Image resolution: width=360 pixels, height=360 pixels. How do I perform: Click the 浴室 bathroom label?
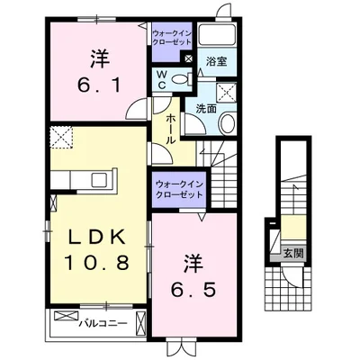(216, 62)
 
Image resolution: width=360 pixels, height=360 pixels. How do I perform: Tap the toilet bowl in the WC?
(180, 79)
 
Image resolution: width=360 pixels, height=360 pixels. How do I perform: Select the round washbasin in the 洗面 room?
(228, 123)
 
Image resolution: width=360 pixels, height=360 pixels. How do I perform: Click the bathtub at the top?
(218, 35)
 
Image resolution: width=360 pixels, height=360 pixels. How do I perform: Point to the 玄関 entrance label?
(293, 254)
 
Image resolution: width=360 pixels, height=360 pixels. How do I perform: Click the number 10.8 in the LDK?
(96, 263)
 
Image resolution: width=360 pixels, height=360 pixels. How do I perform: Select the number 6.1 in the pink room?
(99, 85)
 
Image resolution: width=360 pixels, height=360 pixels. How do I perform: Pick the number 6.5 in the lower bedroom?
(193, 290)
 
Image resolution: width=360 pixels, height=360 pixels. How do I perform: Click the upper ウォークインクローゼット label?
(171, 38)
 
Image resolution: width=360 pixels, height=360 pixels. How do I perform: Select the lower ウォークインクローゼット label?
(179, 190)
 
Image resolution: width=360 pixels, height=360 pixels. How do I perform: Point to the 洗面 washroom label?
(206, 109)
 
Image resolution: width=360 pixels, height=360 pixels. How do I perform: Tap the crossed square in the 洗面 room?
(227, 93)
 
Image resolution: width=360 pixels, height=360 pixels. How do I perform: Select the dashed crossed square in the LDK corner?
(61, 137)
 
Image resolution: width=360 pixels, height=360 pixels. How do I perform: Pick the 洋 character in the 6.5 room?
(193, 265)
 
